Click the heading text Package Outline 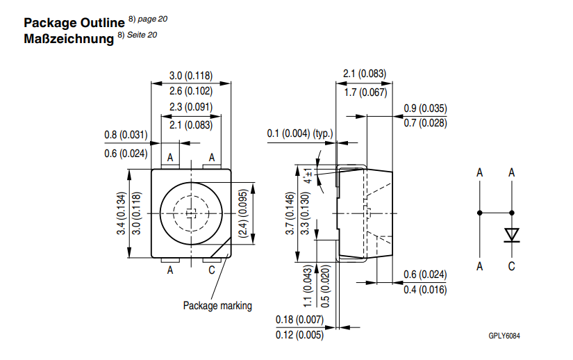(x=68, y=22)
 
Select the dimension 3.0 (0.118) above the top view (x=191, y=76)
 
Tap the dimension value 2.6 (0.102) (x=191, y=90)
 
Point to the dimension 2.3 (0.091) (x=191, y=107)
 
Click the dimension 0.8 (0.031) (x=126, y=135)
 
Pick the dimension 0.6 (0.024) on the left (x=126, y=154)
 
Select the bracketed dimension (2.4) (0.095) (x=244, y=215)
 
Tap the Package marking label (x=217, y=305)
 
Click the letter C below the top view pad (x=213, y=271)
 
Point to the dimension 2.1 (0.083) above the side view (x=364, y=74)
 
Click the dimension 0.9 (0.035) (x=425, y=108)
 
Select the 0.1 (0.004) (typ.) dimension (x=300, y=133)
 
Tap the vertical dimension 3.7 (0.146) (x=290, y=215)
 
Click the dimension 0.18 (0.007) (x=299, y=319)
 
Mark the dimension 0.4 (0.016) (x=425, y=290)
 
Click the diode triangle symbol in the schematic (x=512, y=234)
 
